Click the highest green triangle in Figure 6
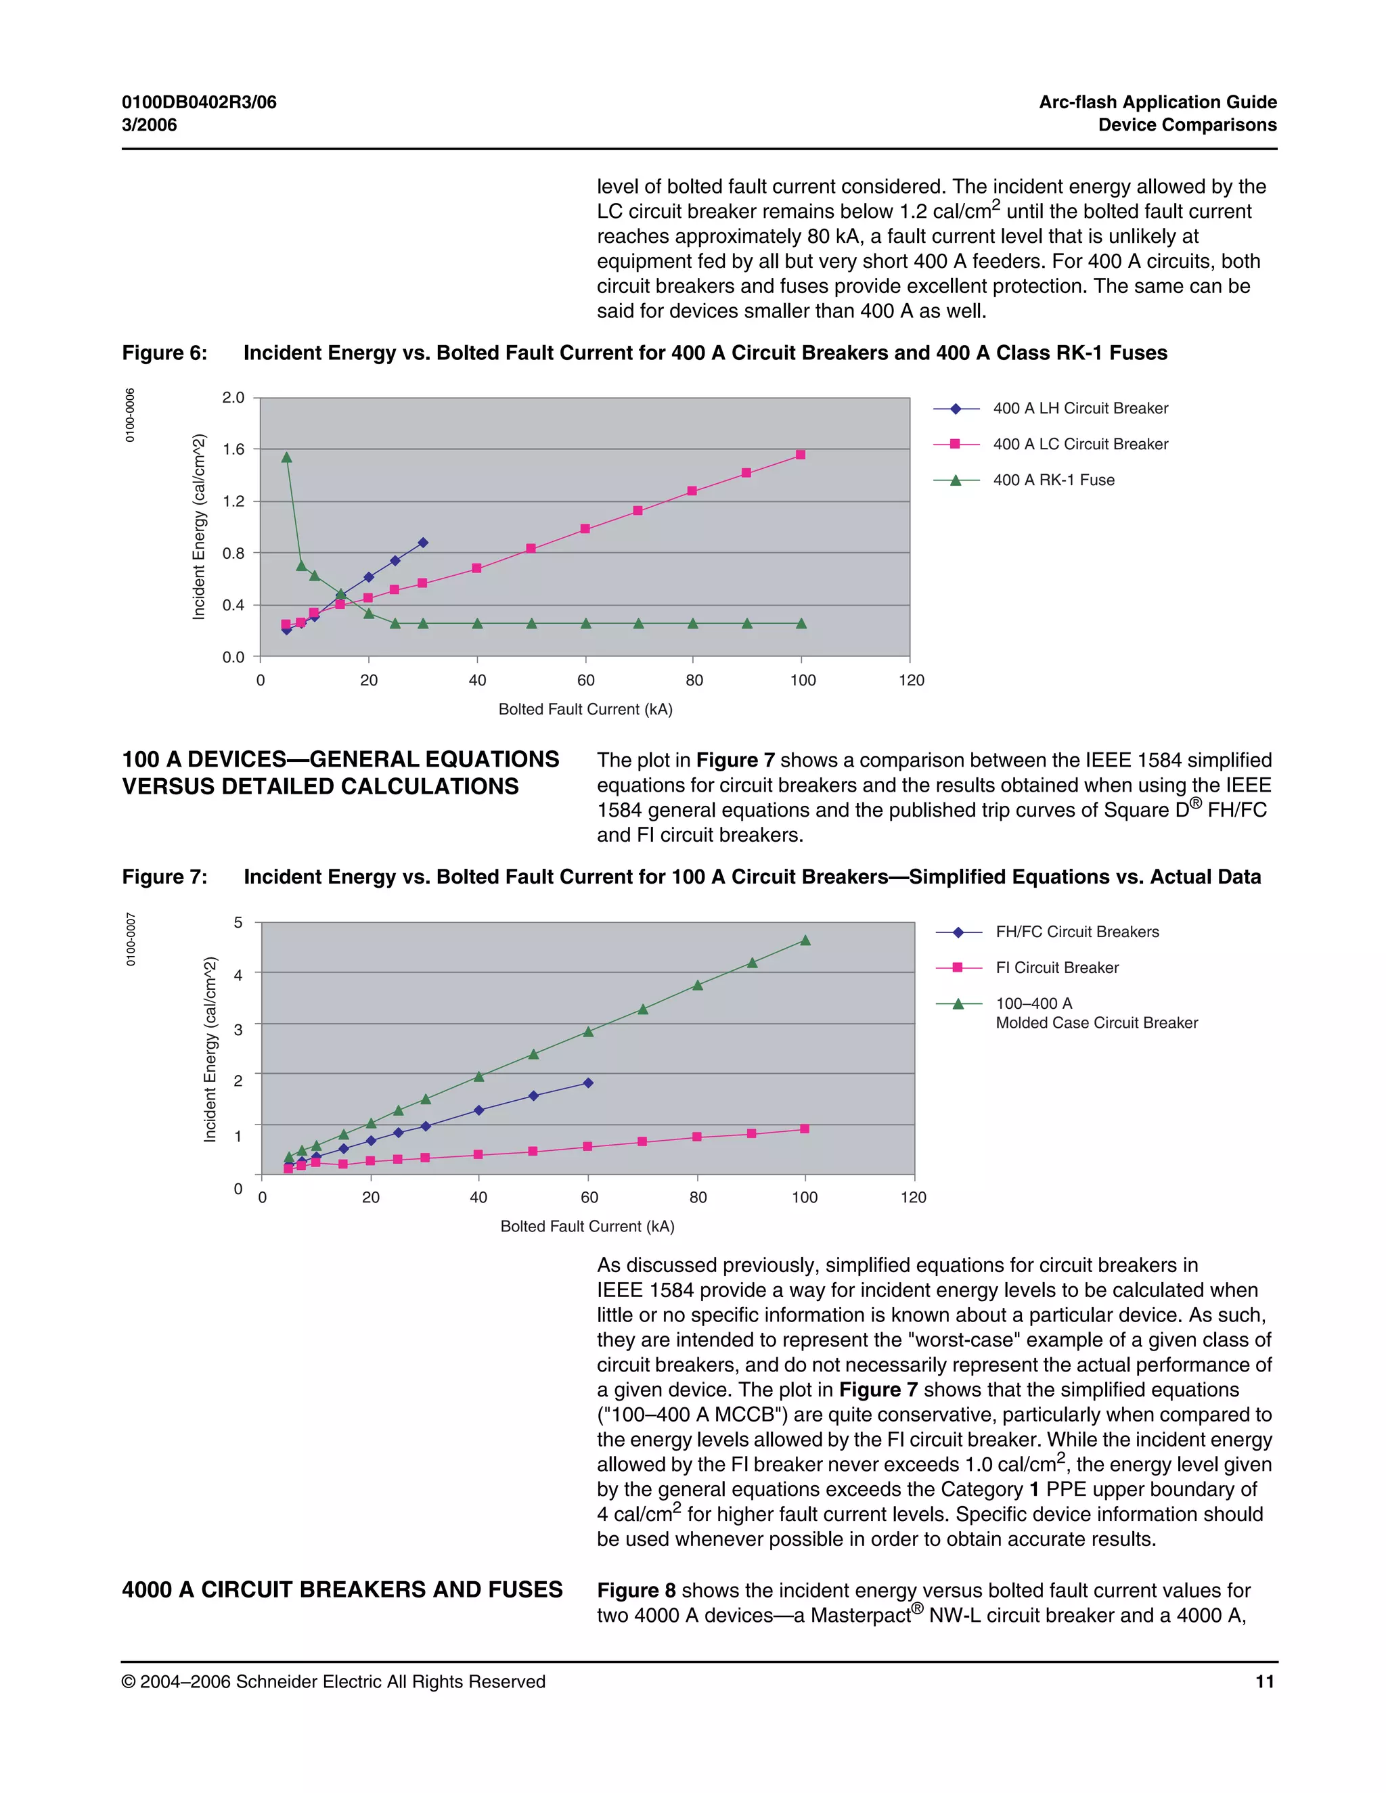[x=286, y=457]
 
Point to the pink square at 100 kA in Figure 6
[x=801, y=454]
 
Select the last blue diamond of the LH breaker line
[x=423, y=543]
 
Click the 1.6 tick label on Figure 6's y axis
[x=233, y=449]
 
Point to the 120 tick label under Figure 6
[x=911, y=681]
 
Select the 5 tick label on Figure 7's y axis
[x=238, y=923]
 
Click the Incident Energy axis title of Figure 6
[x=199, y=526]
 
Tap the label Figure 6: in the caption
[x=164, y=353]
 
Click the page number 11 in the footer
[x=1264, y=1681]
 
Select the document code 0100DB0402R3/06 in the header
[x=200, y=103]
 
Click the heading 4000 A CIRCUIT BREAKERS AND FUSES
[x=342, y=1589]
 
